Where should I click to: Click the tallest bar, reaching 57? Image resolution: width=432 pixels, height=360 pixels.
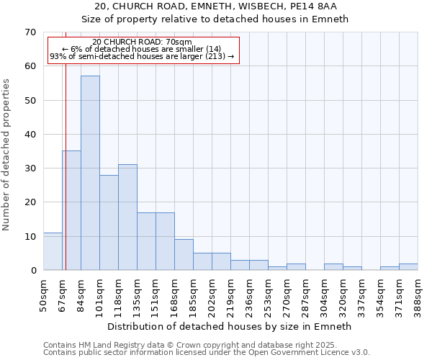point(90,173)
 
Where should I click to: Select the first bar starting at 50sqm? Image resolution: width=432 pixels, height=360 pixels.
point(53,251)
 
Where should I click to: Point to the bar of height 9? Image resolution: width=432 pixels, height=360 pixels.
point(184,255)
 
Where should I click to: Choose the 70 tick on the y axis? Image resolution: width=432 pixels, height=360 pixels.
point(30,32)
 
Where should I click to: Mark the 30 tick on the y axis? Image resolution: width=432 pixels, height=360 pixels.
point(30,168)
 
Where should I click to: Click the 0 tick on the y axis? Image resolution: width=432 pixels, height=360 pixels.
point(32,271)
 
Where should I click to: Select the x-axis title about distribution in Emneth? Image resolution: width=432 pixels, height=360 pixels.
point(230,326)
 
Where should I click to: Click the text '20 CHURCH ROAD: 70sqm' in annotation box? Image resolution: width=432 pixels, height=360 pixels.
point(143,42)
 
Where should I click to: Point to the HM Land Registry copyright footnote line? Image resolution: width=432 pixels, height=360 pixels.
point(194,345)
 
